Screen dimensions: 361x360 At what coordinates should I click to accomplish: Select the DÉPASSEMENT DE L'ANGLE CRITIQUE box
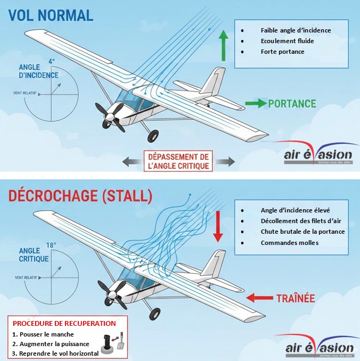pos(178,161)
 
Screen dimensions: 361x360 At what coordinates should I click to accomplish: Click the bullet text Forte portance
pos(282,52)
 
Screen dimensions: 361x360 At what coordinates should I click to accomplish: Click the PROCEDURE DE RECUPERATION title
pos(64,323)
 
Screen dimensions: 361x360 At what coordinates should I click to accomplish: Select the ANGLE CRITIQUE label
pos(34,255)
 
